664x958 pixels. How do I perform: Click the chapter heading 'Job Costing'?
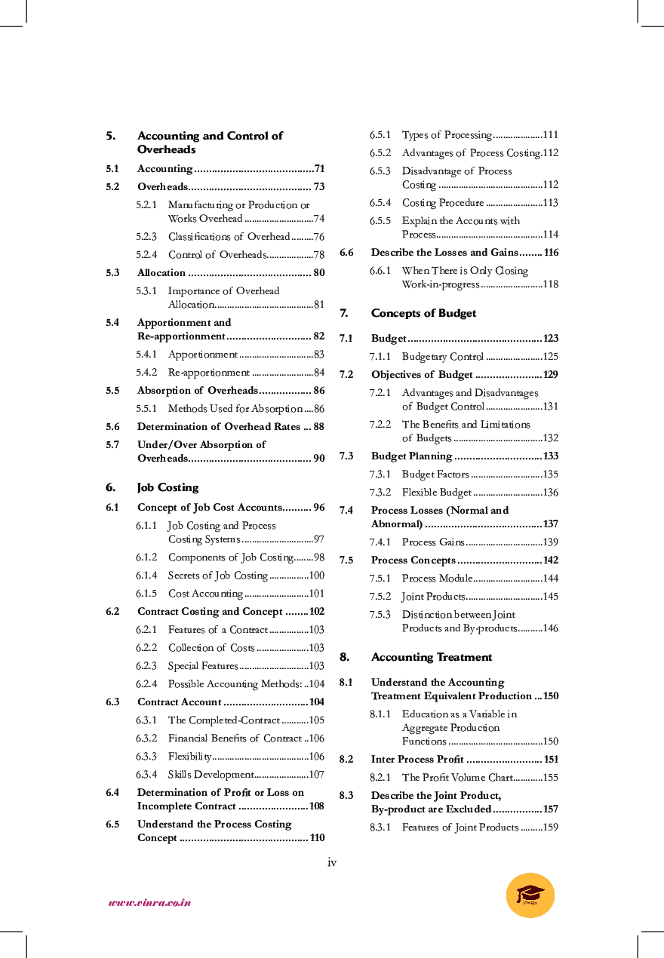pyautogui.click(x=168, y=487)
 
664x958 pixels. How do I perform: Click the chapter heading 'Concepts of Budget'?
pyautogui.click(x=423, y=313)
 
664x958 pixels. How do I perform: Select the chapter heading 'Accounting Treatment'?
pyautogui.click(x=431, y=657)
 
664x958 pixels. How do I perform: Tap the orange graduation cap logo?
pyautogui.click(x=530, y=895)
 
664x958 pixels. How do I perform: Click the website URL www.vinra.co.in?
pyautogui.click(x=149, y=902)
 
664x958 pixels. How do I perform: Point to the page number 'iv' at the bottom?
pyautogui.click(x=332, y=862)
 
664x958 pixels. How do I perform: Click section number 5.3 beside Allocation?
pyautogui.click(x=112, y=273)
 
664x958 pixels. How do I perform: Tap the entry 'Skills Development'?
pyautogui.click(x=211, y=775)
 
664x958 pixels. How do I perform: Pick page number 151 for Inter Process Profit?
pyautogui.click(x=551, y=760)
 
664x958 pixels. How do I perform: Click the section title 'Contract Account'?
pyautogui.click(x=179, y=702)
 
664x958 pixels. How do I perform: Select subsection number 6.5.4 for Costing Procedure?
pyautogui.click(x=380, y=203)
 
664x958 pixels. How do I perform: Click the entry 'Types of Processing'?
pyautogui.click(x=446, y=135)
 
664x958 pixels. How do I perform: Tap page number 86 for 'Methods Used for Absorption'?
pyautogui.click(x=319, y=409)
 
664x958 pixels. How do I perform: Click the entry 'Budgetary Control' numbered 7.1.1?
pyautogui.click(x=442, y=357)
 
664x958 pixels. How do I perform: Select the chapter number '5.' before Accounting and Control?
pyautogui.click(x=110, y=137)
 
